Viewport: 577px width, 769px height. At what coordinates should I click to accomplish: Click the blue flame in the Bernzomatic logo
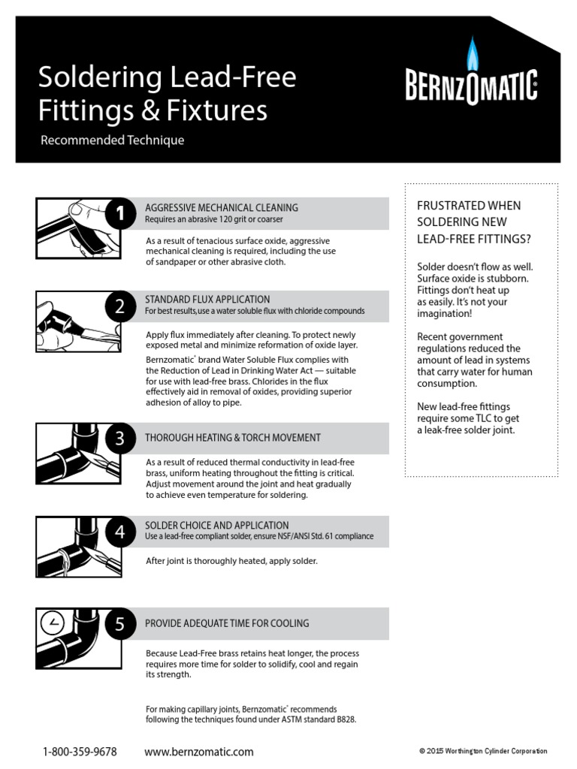tap(473, 53)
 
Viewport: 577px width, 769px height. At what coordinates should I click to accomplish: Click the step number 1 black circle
tap(120, 214)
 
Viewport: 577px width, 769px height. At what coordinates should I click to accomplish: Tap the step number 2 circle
tap(120, 306)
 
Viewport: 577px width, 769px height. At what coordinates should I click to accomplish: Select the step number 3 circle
tap(120, 439)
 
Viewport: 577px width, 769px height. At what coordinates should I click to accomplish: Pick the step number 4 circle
tap(120, 532)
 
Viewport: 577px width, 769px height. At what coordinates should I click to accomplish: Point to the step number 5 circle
tap(120, 624)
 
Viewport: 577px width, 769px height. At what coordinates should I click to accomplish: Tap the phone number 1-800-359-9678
tap(80, 752)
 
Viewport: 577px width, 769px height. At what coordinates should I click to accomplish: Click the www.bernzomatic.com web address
tap(198, 752)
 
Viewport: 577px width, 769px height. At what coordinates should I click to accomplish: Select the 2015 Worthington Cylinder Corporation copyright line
tap(483, 751)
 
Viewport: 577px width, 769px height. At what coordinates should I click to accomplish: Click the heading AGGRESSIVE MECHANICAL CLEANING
tap(221, 207)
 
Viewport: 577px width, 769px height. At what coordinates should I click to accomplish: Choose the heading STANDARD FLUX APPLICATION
tap(207, 299)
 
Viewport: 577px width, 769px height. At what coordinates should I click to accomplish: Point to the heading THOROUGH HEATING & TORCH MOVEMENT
tap(232, 438)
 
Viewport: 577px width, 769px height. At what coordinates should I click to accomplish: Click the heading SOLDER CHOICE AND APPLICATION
tap(216, 525)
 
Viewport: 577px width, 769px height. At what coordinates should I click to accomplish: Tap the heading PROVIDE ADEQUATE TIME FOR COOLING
tap(226, 623)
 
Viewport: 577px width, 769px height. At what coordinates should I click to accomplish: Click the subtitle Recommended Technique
tap(112, 140)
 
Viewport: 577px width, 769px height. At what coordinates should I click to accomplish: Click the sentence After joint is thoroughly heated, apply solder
tap(231, 561)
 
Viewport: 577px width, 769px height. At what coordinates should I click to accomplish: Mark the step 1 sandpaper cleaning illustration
tap(73, 227)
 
